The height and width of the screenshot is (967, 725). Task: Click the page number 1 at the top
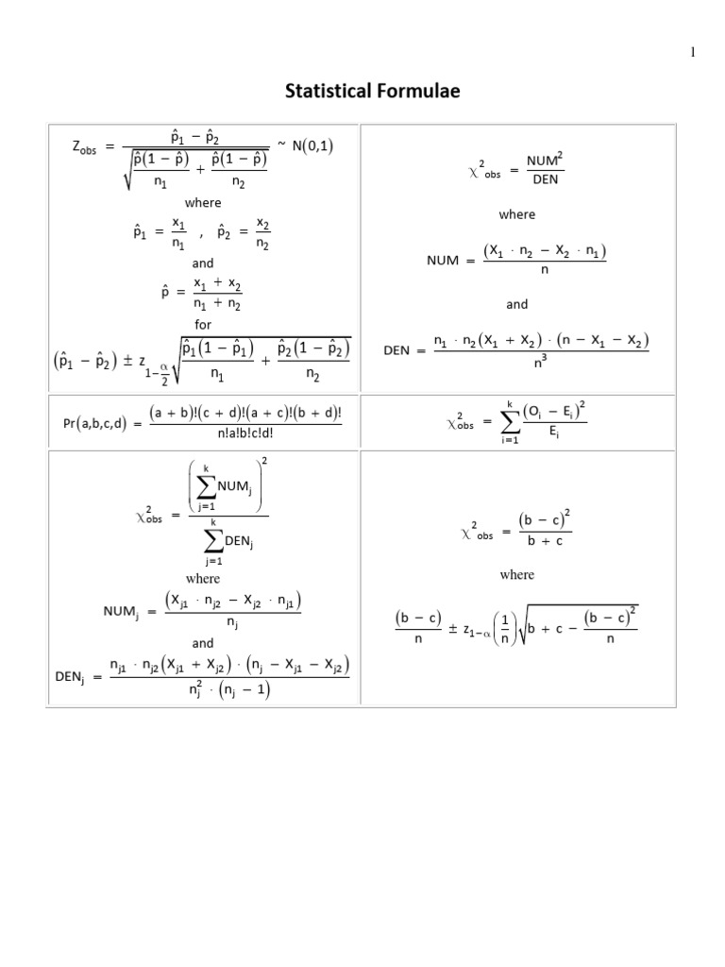(692, 52)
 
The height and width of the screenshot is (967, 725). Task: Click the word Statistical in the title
(330, 92)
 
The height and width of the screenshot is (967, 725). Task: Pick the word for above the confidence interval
(203, 324)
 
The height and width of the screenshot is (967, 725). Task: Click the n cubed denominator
(544, 361)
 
